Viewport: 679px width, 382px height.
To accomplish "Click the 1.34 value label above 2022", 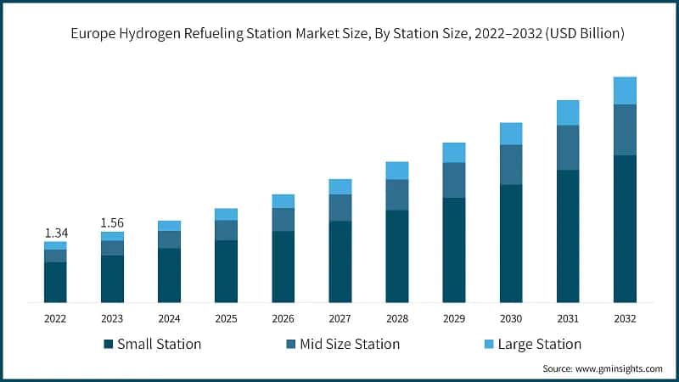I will coord(55,233).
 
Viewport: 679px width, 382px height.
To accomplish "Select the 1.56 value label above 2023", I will coord(112,222).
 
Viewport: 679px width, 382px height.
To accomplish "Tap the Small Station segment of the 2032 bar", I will coord(625,228).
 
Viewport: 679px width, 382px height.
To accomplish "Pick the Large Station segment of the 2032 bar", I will coord(625,90).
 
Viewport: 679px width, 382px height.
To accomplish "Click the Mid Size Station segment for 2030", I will coord(511,165).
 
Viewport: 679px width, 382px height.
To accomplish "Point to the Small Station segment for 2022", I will coord(55,282).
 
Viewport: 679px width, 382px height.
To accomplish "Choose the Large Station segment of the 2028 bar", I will coord(397,170).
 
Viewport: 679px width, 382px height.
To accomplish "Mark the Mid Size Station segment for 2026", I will coord(283,219).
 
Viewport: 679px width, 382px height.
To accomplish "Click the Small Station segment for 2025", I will coord(226,271).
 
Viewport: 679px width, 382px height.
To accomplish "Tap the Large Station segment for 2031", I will coord(568,112).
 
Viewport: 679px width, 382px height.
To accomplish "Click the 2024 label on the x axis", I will coord(169,318).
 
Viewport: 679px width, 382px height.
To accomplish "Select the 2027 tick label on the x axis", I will coord(340,318).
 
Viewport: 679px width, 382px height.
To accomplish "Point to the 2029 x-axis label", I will coord(454,318).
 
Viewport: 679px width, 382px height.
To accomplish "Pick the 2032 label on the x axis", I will coord(625,318).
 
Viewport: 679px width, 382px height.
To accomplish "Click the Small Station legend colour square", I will coord(108,344).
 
